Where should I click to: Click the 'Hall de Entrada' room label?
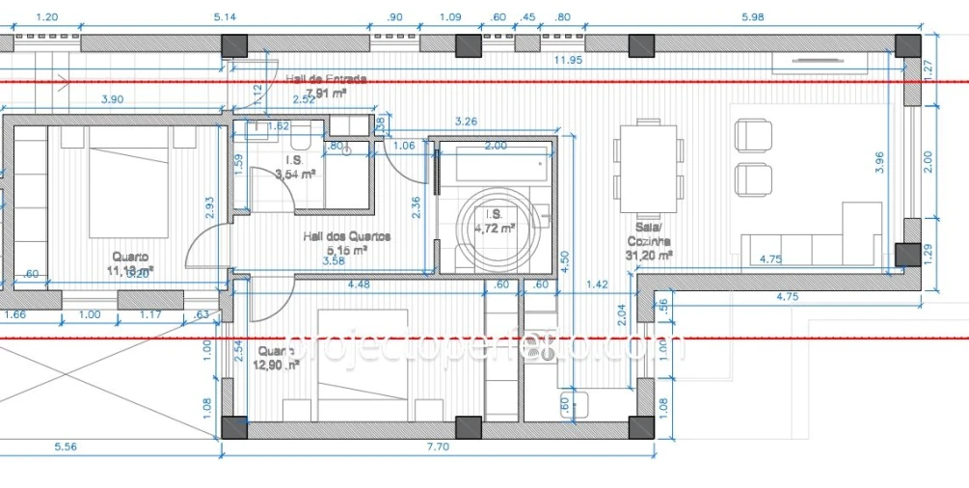(326, 79)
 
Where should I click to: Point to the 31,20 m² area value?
(650, 256)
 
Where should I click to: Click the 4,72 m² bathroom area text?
(494, 229)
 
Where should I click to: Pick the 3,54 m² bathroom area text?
(295, 175)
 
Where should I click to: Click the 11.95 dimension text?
(569, 61)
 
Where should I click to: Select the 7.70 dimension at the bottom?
(437, 447)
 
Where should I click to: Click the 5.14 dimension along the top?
(224, 17)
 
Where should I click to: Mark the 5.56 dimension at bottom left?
(67, 447)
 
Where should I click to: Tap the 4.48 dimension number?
(358, 284)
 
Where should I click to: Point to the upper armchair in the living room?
(753, 135)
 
